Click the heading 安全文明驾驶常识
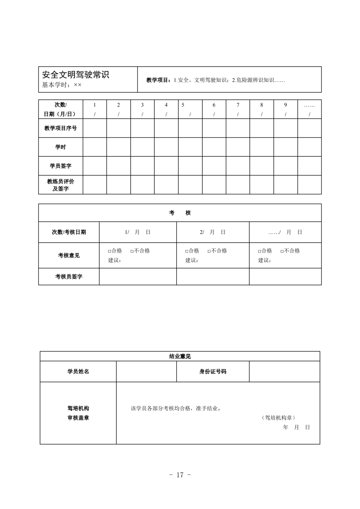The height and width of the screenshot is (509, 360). [x=76, y=75]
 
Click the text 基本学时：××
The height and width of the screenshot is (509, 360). [x=62, y=85]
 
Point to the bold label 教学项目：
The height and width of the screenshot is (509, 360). [x=160, y=80]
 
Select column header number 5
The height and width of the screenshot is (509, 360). [x=183, y=105]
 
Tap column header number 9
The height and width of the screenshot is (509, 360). [x=285, y=105]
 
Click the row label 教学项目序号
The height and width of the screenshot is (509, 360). [x=61, y=128]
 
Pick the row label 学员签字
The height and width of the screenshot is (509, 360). [x=61, y=166]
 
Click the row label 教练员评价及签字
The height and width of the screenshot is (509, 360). [x=61, y=185]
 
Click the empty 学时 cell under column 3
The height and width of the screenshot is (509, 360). [x=142, y=147]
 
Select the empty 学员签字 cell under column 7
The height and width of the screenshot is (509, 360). [x=238, y=166]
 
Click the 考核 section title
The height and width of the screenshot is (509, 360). [x=180, y=213]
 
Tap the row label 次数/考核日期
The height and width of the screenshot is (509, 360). [x=69, y=232]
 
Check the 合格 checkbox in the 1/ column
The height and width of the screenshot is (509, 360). [x=110, y=251]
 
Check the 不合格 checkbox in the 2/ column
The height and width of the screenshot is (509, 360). [x=209, y=251]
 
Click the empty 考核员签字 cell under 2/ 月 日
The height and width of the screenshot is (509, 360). [x=213, y=276]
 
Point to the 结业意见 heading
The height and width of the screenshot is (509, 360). [x=180, y=356]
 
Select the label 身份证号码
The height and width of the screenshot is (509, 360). [x=213, y=371]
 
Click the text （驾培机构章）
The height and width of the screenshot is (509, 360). [x=278, y=418]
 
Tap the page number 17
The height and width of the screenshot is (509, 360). [x=180, y=475]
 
